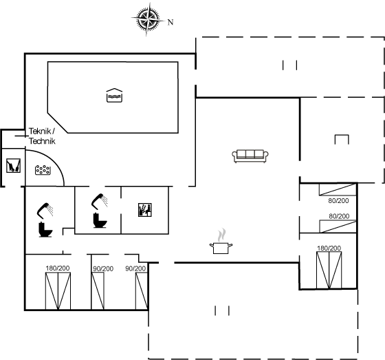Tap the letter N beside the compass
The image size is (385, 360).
click(170, 22)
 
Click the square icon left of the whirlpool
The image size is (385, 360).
click(13, 166)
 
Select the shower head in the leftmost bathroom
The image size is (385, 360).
click(45, 207)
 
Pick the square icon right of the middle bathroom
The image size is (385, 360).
click(145, 211)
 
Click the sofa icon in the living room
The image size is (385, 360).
click(250, 156)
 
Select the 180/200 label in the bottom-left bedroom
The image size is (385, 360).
click(58, 268)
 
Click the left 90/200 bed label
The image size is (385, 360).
click(102, 268)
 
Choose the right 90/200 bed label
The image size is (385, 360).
click(135, 268)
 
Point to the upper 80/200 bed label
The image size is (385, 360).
click(338, 202)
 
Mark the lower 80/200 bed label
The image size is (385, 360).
click(338, 215)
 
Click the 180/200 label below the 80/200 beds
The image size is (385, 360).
click(329, 248)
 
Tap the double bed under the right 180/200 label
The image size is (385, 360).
click(329, 270)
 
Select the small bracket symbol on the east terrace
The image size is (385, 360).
click(342, 139)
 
